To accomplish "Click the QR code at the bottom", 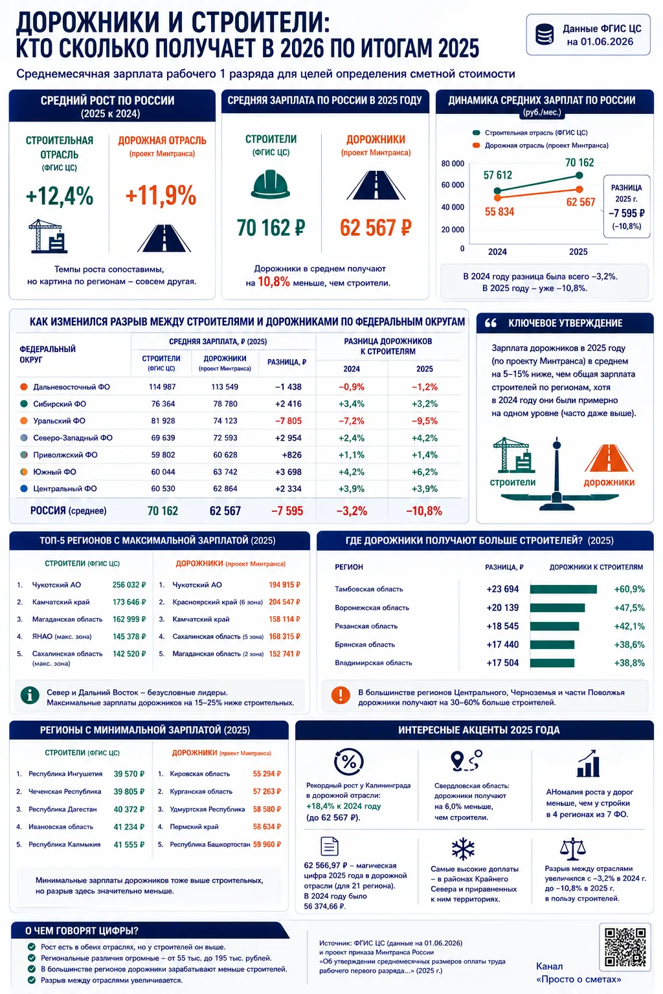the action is pyautogui.click(x=625, y=947).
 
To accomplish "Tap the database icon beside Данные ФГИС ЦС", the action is pyautogui.click(x=545, y=34).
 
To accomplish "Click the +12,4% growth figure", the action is pyautogui.click(x=60, y=195).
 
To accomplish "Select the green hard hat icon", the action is pyautogui.click(x=271, y=184).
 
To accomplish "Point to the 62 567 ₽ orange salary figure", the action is pyautogui.click(x=376, y=228).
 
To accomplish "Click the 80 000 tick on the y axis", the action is pyautogui.click(x=453, y=163).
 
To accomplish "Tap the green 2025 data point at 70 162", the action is pyautogui.click(x=579, y=175).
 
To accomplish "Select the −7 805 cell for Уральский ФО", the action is pyautogui.click(x=288, y=421).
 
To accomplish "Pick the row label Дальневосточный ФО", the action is pyautogui.click(x=71, y=387).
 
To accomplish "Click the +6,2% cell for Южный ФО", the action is pyautogui.click(x=425, y=472).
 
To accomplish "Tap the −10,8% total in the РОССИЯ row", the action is pyautogui.click(x=424, y=511).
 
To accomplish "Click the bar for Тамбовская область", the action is pyautogui.click(x=563, y=590).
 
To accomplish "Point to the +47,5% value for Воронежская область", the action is pyautogui.click(x=629, y=608).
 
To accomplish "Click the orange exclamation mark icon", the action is pyautogui.click(x=341, y=696).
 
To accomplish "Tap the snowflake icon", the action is pyautogui.click(x=463, y=848).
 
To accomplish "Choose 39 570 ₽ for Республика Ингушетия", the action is pyautogui.click(x=129, y=774).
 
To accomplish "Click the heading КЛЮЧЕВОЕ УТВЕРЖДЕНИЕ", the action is pyautogui.click(x=565, y=323).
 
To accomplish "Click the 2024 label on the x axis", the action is pyautogui.click(x=497, y=252).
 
